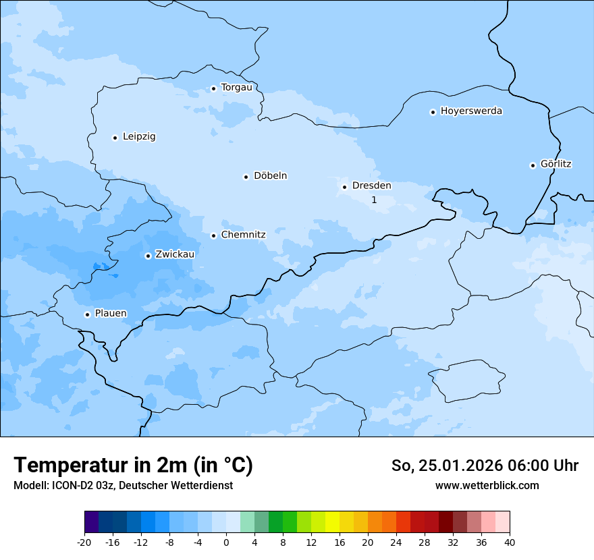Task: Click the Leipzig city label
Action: coord(139,137)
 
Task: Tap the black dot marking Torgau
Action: coord(213,88)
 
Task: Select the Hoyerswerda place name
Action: coord(471,111)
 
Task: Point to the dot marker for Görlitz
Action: coord(533,165)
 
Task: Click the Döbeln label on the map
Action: coord(270,176)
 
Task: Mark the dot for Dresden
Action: coord(344,187)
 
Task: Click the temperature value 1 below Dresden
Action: coord(374,200)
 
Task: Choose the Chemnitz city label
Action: coord(243,235)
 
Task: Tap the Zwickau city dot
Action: coord(148,256)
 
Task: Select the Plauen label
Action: coord(110,314)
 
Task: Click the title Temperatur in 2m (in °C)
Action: coord(133,465)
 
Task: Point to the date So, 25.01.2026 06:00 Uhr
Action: coord(485,466)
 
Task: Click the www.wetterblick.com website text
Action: coord(487,485)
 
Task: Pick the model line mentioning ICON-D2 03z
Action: coord(123,485)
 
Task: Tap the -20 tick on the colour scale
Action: coord(84,542)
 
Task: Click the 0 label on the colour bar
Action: coord(226,542)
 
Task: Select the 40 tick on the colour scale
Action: coord(510,542)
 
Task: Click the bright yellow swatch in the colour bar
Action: coord(332,522)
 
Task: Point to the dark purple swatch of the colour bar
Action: coord(91,522)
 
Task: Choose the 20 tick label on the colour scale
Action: coord(368,542)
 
